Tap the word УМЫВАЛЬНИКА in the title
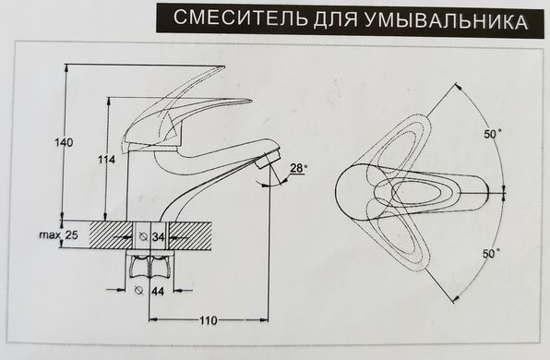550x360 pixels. click(446, 20)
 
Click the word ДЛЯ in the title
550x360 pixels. click(335, 19)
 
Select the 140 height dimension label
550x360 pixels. click(64, 142)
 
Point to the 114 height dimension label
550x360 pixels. click(107, 160)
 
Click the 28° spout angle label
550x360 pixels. click(298, 168)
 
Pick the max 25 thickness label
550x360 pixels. click(58, 234)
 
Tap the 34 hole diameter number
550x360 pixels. click(159, 237)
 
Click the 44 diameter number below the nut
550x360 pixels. click(158, 291)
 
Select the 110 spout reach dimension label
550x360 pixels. click(209, 320)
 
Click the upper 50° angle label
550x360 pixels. click(493, 134)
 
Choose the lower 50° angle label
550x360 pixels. click(491, 253)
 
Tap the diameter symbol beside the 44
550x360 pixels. click(139, 290)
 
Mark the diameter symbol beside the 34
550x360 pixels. click(143, 237)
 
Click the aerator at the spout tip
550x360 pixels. click(269, 158)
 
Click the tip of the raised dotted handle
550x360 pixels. click(224, 66)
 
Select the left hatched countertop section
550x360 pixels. click(111, 235)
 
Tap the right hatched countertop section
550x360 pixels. click(191, 235)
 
